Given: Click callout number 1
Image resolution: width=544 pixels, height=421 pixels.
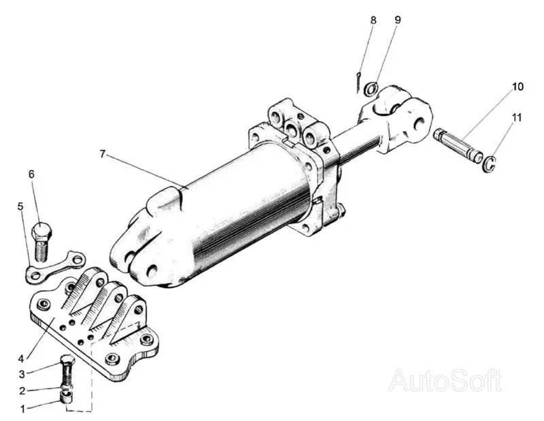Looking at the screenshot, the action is point(22,409).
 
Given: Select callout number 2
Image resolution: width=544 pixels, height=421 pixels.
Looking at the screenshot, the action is point(22,391).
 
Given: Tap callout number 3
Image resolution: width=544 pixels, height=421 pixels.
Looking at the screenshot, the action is point(22,373).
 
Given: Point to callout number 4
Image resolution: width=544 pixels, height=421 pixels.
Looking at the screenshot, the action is point(22,357).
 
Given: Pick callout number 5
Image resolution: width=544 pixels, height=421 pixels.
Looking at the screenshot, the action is point(20,205).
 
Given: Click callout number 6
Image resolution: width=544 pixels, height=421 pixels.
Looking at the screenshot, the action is point(31,174).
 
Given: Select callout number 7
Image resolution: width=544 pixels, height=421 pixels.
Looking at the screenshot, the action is point(103,154).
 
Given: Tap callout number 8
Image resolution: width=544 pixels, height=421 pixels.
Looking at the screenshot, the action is point(373,20).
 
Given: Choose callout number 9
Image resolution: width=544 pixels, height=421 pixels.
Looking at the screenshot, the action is point(397,20).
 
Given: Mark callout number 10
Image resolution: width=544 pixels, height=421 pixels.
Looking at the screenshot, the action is point(518,87).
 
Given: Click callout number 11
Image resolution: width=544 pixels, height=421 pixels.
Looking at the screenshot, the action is point(518,117).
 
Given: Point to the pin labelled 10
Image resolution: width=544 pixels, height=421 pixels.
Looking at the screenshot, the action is point(457,146).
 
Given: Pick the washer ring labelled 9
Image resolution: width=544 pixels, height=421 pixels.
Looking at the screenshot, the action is point(371,89).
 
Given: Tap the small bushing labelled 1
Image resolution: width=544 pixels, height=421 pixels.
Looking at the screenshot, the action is point(67,396).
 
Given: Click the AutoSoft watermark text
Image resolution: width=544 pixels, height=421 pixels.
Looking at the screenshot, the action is point(445,380).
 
